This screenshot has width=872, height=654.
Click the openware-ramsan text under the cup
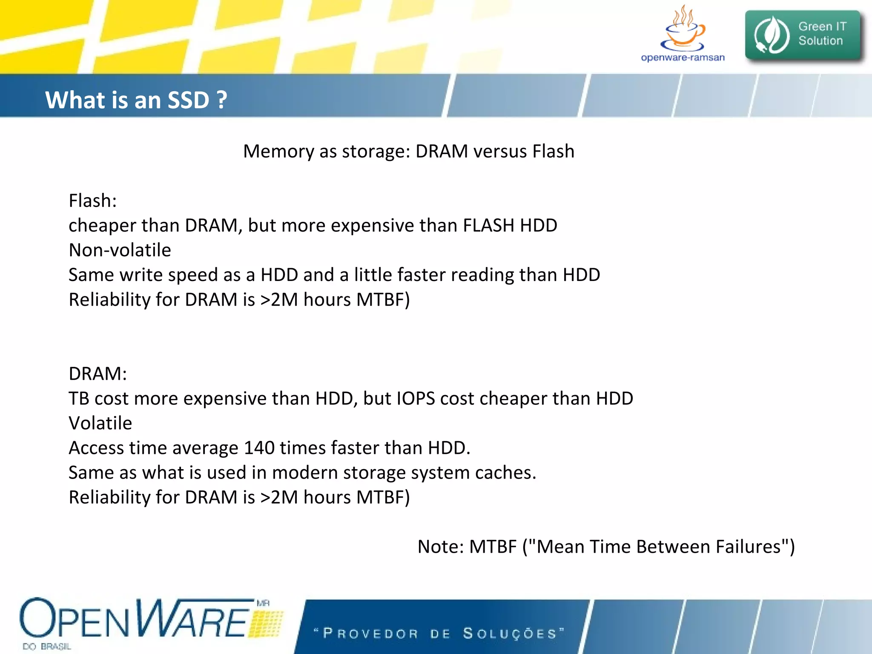pyautogui.click(x=683, y=57)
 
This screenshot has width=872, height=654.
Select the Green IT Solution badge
pyautogui.click(x=803, y=35)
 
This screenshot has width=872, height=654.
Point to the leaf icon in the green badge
pyautogui.click(x=771, y=35)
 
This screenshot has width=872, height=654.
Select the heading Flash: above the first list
pyautogui.click(x=92, y=201)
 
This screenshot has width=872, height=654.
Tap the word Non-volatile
pyautogui.click(x=120, y=250)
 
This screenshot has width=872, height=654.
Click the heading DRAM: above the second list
pyautogui.click(x=98, y=374)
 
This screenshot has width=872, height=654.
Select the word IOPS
pyautogui.click(x=416, y=399)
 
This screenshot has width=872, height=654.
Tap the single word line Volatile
pyautogui.click(x=100, y=423)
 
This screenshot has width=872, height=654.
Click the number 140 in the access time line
pyautogui.click(x=259, y=448)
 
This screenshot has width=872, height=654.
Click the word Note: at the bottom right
pyautogui.click(x=440, y=547)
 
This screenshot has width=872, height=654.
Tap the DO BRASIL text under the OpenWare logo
pyautogui.click(x=47, y=646)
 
